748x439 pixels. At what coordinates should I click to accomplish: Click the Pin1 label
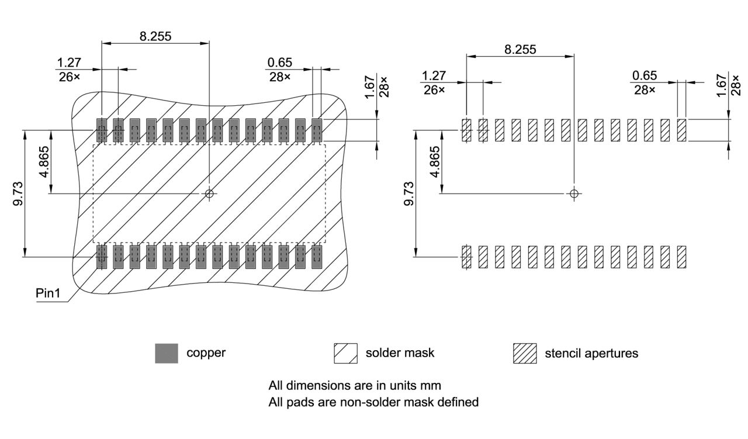pyautogui.click(x=49, y=293)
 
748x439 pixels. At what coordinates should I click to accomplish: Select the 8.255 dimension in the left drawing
pyautogui.click(x=155, y=36)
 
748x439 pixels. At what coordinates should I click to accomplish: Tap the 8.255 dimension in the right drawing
pyautogui.click(x=520, y=50)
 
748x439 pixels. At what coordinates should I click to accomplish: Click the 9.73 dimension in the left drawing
pyautogui.click(x=18, y=193)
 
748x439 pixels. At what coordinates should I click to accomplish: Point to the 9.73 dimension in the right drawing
pyautogui.click(x=408, y=193)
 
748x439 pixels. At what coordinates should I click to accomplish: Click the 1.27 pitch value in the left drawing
pyautogui.click(x=70, y=63)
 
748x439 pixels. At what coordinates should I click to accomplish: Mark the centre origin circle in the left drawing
pyautogui.click(x=210, y=193)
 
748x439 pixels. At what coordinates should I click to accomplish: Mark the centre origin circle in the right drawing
pyautogui.click(x=574, y=193)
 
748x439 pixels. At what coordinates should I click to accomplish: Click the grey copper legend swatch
pyautogui.click(x=167, y=353)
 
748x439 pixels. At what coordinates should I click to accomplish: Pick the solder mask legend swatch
pyautogui.click(x=345, y=353)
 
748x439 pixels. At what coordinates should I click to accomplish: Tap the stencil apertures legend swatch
pyautogui.click(x=524, y=353)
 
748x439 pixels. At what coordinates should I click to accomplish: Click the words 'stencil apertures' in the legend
pyautogui.click(x=591, y=353)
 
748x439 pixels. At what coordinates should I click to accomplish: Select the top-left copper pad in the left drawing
pyautogui.click(x=102, y=130)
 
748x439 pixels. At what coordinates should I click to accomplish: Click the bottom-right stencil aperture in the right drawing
pyautogui.click(x=681, y=257)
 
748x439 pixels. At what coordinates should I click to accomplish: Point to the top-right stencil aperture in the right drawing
pyautogui.click(x=681, y=130)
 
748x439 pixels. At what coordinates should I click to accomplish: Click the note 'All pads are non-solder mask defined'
pyautogui.click(x=373, y=402)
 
